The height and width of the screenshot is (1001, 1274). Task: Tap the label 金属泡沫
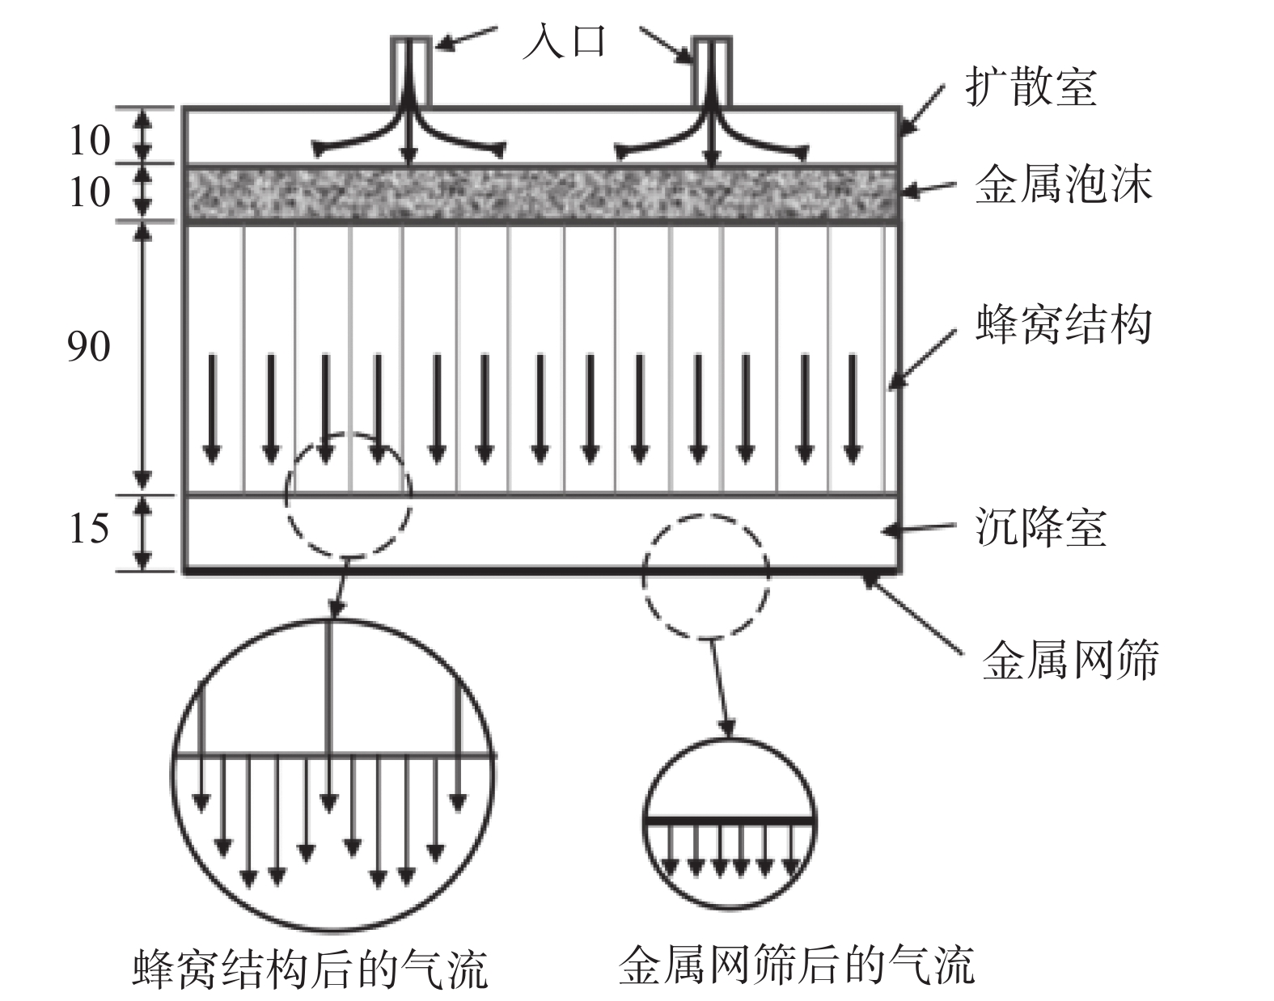pos(1063,186)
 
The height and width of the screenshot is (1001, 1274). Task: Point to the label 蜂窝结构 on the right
pos(1063,324)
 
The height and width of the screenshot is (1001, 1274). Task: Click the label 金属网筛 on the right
pos(1069,659)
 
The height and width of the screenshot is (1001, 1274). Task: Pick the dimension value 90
pos(87,346)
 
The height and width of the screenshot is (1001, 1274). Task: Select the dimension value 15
pos(87,528)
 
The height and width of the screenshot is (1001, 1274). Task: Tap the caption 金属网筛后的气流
pos(796,964)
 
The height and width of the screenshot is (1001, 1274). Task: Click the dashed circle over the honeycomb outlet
pos(348,494)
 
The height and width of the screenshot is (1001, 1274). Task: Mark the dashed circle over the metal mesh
pos(706,576)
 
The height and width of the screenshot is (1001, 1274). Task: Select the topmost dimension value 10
pos(87,140)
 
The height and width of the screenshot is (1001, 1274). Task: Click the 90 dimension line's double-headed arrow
pos(143,356)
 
